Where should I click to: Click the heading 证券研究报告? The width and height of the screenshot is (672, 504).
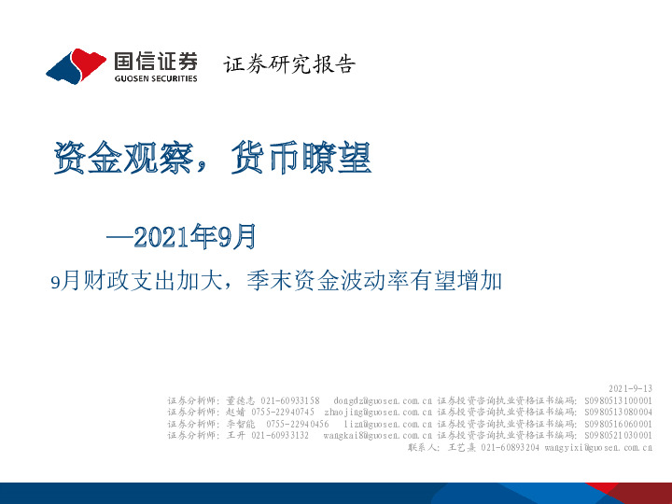pyautogui.click(x=290, y=64)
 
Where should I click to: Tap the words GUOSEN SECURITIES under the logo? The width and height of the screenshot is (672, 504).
pyautogui.click(x=155, y=79)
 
